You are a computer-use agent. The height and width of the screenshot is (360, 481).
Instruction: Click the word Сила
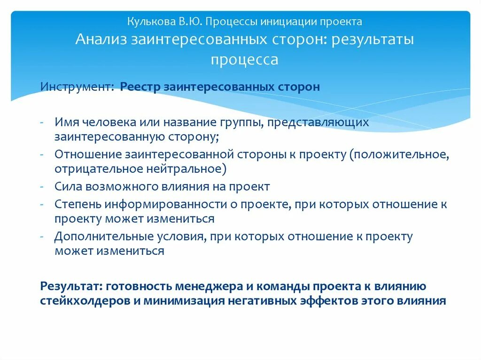pyautogui.click(x=68, y=186)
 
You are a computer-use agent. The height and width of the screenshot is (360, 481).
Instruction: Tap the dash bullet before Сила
pyautogui.click(x=42, y=186)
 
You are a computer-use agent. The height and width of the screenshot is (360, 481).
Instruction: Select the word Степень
pyautogui.click(x=78, y=205)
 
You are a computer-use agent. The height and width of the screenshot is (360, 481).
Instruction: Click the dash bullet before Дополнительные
pyautogui.click(x=42, y=237)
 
